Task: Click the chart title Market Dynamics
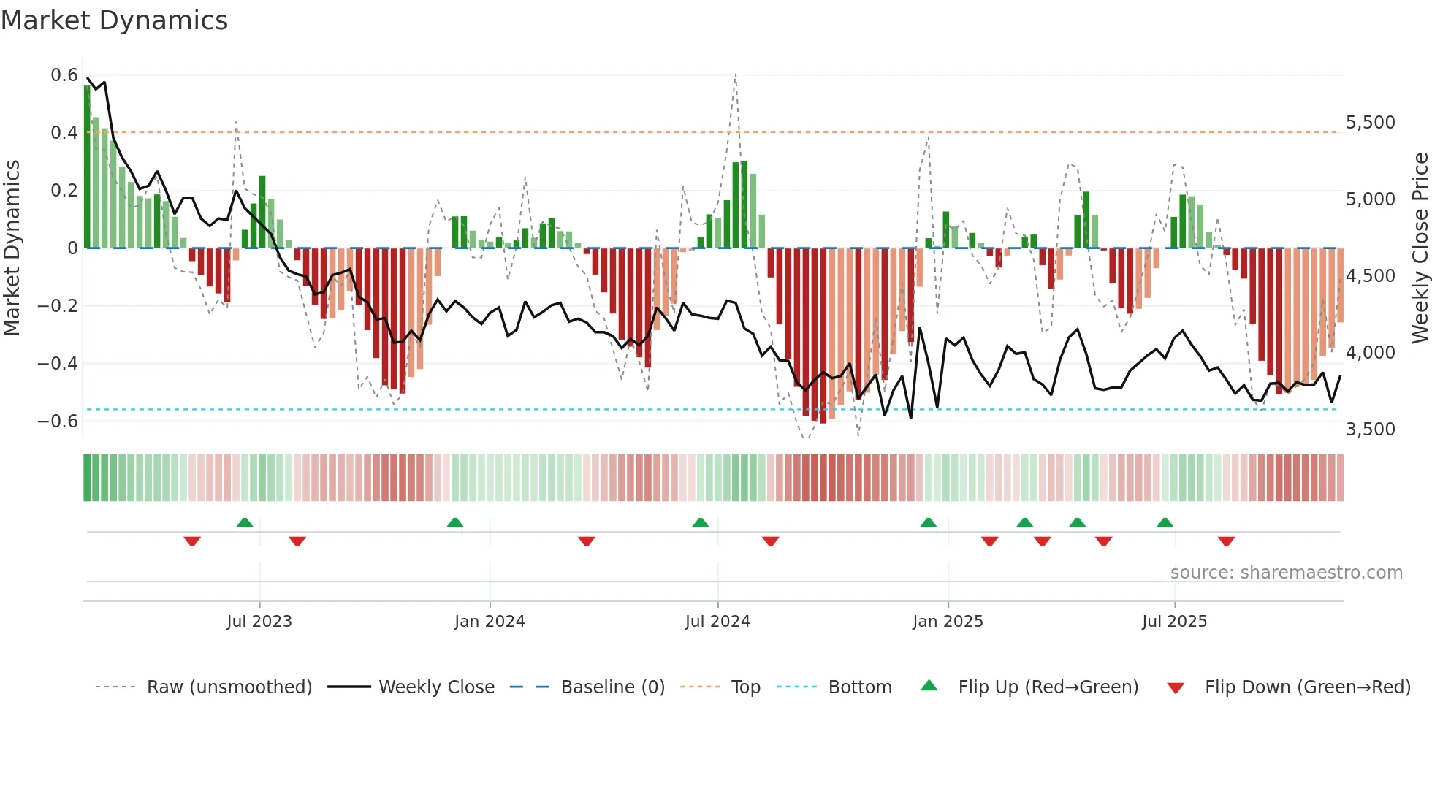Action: click(115, 20)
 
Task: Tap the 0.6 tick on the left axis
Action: click(64, 75)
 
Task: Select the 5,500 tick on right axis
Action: click(1370, 123)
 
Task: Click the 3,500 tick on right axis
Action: click(1370, 429)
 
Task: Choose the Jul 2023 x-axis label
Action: click(259, 622)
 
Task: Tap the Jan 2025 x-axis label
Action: click(948, 622)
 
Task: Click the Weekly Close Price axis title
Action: click(1420, 248)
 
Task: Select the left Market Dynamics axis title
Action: click(12, 248)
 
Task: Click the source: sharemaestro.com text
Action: click(1286, 573)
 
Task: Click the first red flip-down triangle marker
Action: click(192, 541)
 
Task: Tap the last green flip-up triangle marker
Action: click(1165, 522)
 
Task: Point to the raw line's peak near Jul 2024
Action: click(735, 74)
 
